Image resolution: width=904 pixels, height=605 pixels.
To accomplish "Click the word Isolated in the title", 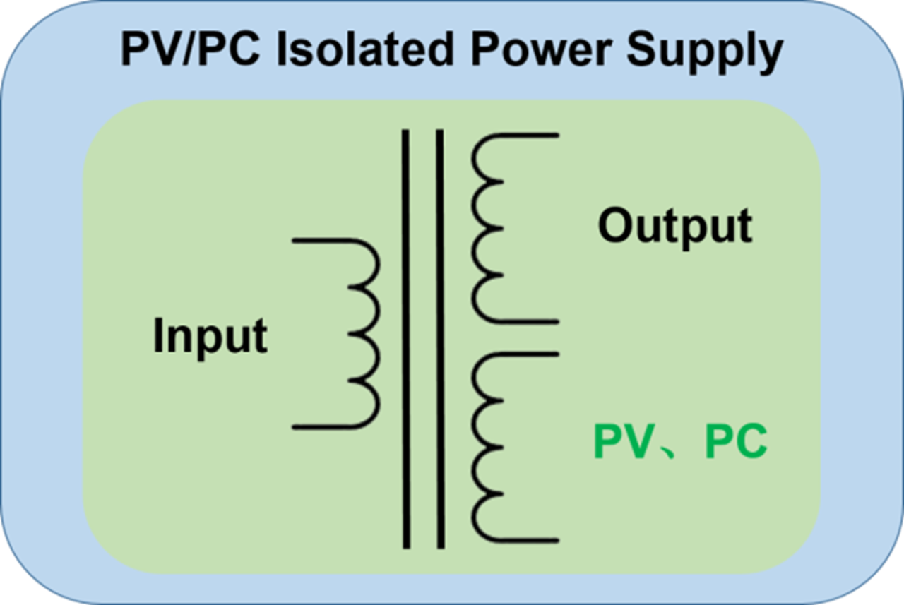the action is tap(365, 49).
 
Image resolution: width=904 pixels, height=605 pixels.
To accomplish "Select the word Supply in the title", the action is tap(705, 53).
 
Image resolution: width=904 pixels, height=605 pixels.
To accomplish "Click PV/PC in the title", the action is tap(190, 49).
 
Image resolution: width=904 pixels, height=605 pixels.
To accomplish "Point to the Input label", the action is tap(210, 338).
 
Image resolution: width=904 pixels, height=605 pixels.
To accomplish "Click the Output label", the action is tap(675, 227).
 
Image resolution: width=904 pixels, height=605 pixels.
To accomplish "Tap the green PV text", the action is tap(624, 442).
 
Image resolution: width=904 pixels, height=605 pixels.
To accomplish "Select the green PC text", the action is tap(736, 442).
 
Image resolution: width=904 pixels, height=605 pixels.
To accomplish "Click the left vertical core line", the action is tap(406, 339).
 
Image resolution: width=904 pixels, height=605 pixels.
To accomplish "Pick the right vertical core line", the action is tap(440, 339).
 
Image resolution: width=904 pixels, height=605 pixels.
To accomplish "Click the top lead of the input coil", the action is tap(323, 241).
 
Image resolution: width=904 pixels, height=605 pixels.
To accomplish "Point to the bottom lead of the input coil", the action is tap(323, 426).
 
